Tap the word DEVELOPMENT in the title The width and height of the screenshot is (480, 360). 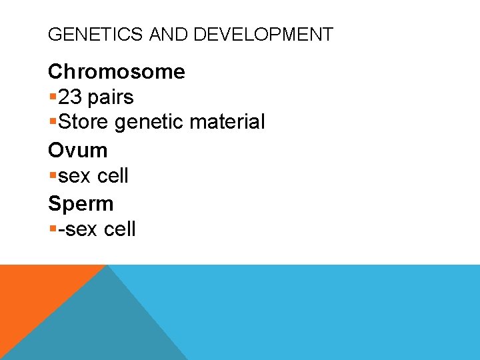[x=263, y=35]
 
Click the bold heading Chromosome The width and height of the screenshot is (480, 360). [x=117, y=71]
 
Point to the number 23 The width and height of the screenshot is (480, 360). [x=70, y=97]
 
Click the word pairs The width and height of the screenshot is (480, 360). [x=111, y=97]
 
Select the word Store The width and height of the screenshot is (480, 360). [x=84, y=123]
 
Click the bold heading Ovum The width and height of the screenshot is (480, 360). [x=77, y=150]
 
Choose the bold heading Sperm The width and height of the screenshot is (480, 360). [x=81, y=203]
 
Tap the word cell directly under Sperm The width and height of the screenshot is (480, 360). [x=119, y=229]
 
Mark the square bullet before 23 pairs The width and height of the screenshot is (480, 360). [x=52, y=98]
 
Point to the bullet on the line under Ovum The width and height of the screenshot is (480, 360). [x=52, y=177]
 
